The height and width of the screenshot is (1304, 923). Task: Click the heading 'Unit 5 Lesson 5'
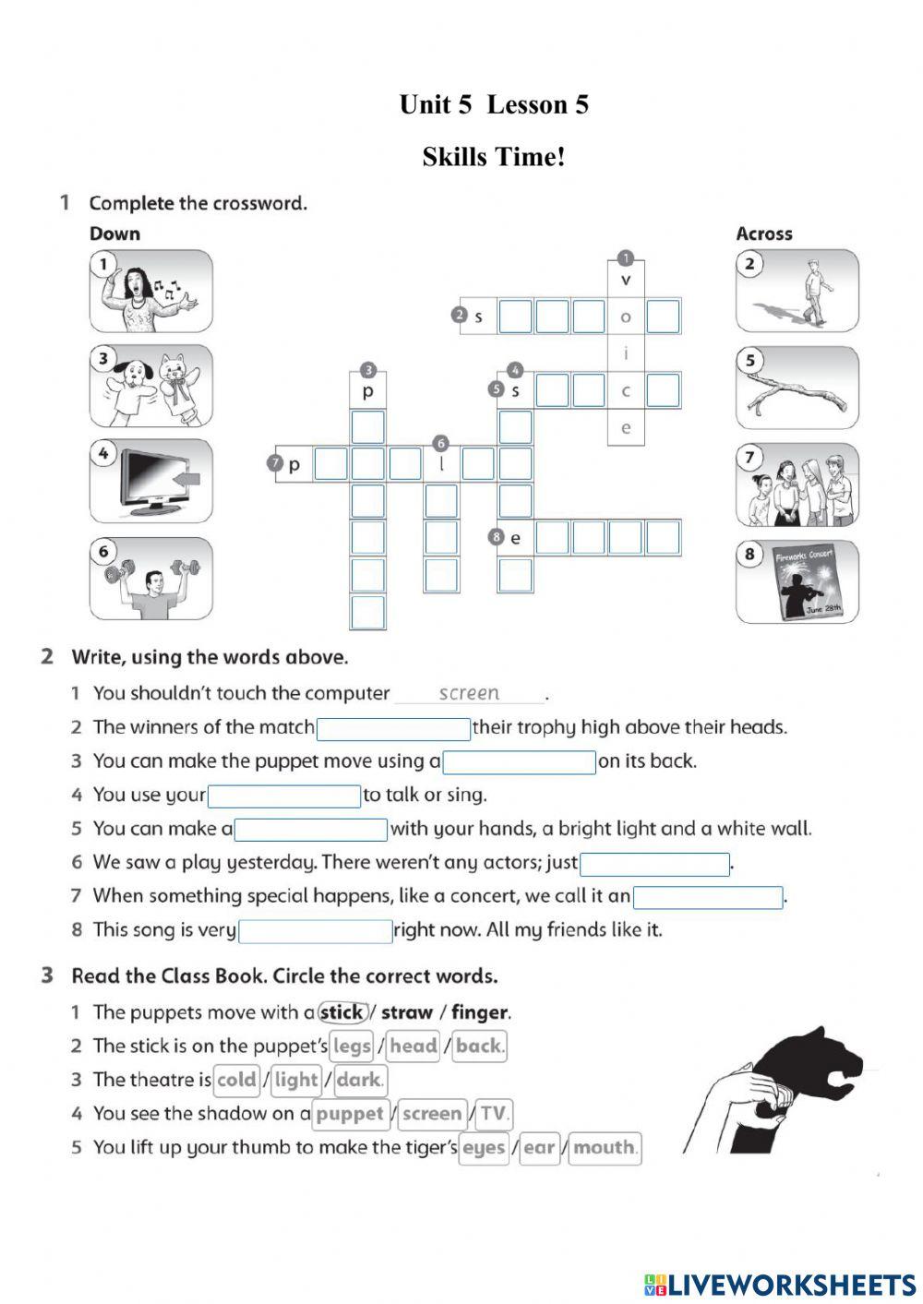point(493,105)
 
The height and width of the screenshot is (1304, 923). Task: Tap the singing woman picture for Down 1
point(150,292)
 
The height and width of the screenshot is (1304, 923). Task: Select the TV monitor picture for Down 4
point(150,481)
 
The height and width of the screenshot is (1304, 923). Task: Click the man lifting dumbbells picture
point(150,580)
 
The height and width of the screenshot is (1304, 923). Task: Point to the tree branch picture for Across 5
point(797,389)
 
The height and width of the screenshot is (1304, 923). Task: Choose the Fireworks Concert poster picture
point(797,581)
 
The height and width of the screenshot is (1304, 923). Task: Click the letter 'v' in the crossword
point(626,280)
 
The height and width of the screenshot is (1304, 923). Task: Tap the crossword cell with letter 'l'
point(441,464)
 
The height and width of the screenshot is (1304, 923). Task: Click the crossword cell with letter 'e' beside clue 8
point(515,538)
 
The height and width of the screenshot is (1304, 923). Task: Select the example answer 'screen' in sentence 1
point(469,693)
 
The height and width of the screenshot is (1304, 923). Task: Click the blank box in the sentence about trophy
point(393,729)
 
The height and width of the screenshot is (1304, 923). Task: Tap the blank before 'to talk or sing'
point(284,796)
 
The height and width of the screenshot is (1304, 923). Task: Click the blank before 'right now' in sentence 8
point(316,931)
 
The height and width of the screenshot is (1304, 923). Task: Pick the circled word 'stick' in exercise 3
point(342,1012)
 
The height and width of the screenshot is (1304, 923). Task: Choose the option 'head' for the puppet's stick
point(413,1047)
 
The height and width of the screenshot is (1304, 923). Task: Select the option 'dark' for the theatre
point(360,1081)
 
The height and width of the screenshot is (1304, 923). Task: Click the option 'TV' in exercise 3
point(493,1114)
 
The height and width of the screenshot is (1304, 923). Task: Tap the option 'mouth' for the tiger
point(604,1148)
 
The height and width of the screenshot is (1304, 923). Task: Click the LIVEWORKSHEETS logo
point(780,1285)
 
